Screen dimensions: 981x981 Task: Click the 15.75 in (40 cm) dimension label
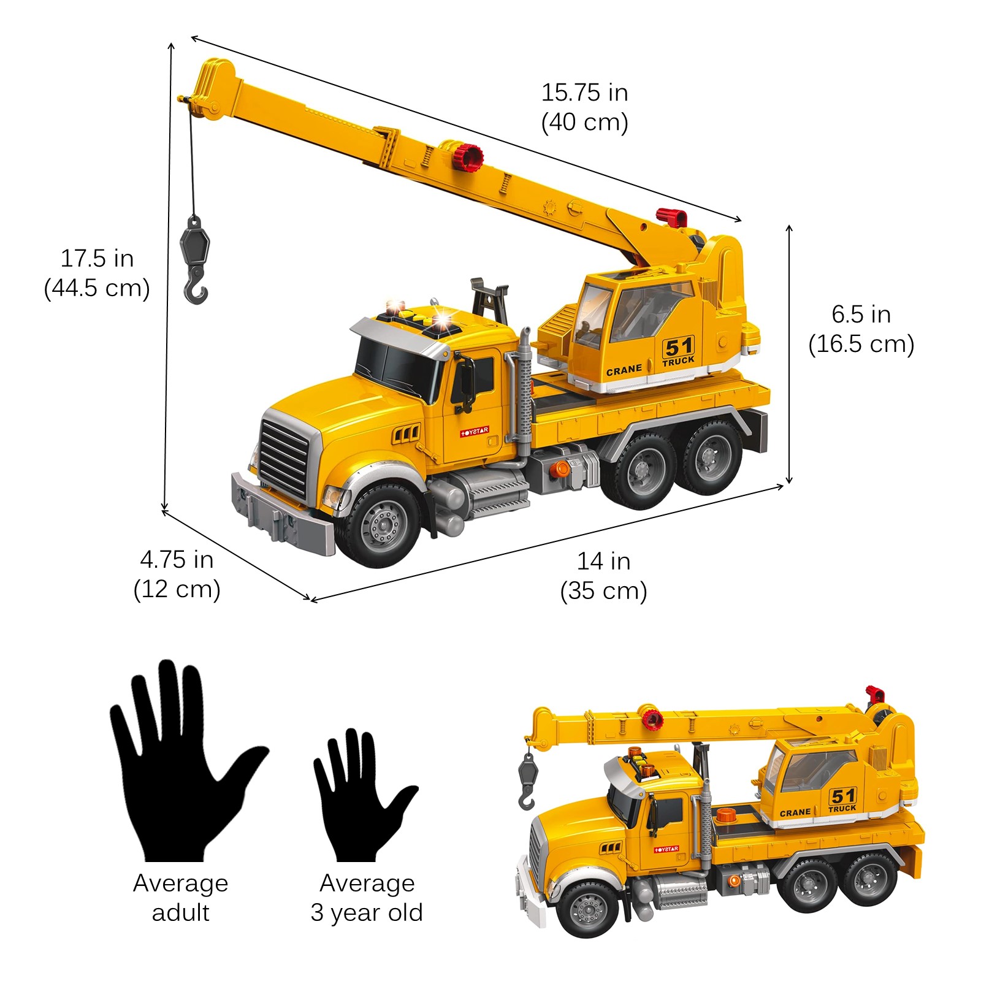pyautogui.click(x=584, y=107)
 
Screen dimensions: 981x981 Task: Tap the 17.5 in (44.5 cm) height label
pyautogui.click(x=97, y=273)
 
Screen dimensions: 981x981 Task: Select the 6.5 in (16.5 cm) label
pyautogui.click(x=861, y=329)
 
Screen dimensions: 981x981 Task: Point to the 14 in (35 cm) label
pyautogui.click(x=603, y=576)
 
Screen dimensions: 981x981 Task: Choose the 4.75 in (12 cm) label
pyautogui.click(x=177, y=574)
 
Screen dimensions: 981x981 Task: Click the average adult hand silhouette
pyautogui.click(x=184, y=760)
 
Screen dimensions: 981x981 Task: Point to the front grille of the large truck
pyautogui.click(x=283, y=457)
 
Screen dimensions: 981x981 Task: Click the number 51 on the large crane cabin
pyautogui.click(x=678, y=348)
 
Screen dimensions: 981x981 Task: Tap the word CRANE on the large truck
pyautogui.click(x=624, y=371)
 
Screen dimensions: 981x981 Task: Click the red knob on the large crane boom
pyautogui.click(x=469, y=158)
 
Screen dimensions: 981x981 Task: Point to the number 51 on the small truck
pyautogui.click(x=842, y=796)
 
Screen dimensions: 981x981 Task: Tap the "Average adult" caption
pyautogui.click(x=181, y=898)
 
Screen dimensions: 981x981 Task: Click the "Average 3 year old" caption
pyautogui.click(x=367, y=898)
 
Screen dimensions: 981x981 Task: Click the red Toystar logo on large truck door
pyautogui.click(x=475, y=432)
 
